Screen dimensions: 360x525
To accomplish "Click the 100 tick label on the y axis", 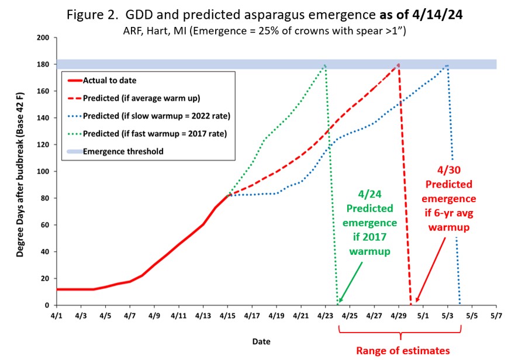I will [x=43, y=172].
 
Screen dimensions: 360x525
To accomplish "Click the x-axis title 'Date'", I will [x=261, y=340].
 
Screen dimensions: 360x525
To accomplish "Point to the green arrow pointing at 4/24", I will [x=350, y=284].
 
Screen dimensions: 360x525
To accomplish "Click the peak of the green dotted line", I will [x=324, y=65].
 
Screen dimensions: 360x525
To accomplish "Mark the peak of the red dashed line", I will [x=398, y=65].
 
